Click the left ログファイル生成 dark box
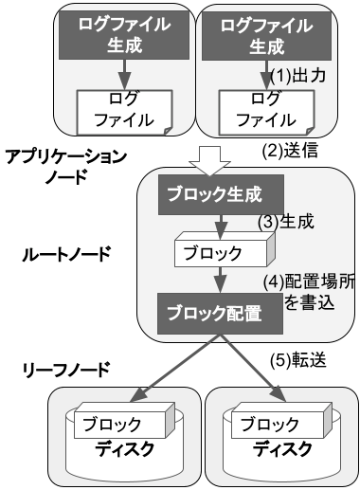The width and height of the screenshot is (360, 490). click(x=124, y=35)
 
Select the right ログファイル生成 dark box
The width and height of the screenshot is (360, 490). click(x=266, y=36)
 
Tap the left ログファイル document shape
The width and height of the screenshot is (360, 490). click(x=124, y=113)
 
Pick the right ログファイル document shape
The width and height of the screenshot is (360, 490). click(x=267, y=113)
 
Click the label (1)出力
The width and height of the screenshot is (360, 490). click(x=298, y=76)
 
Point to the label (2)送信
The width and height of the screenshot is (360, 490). click(x=290, y=151)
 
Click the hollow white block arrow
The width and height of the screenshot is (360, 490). click(x=210, y=161)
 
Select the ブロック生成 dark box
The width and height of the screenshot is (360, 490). click(x=221, y=195)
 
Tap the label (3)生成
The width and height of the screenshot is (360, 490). click(x=286, y=222)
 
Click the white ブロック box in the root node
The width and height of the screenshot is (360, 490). click(x=225, y=249)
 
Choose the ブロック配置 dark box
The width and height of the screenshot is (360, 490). click(x=220, y=314)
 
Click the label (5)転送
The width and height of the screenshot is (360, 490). click(x=298, y=360)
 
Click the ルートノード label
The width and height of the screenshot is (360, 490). click(x=66, y=254)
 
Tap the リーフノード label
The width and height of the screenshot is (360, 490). click(x=66, y=370)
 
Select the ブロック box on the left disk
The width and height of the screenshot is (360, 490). click(x=124, y=420)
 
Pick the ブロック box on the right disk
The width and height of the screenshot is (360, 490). click(x=281, y=420)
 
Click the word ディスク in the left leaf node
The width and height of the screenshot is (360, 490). click(x=124, y=449)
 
